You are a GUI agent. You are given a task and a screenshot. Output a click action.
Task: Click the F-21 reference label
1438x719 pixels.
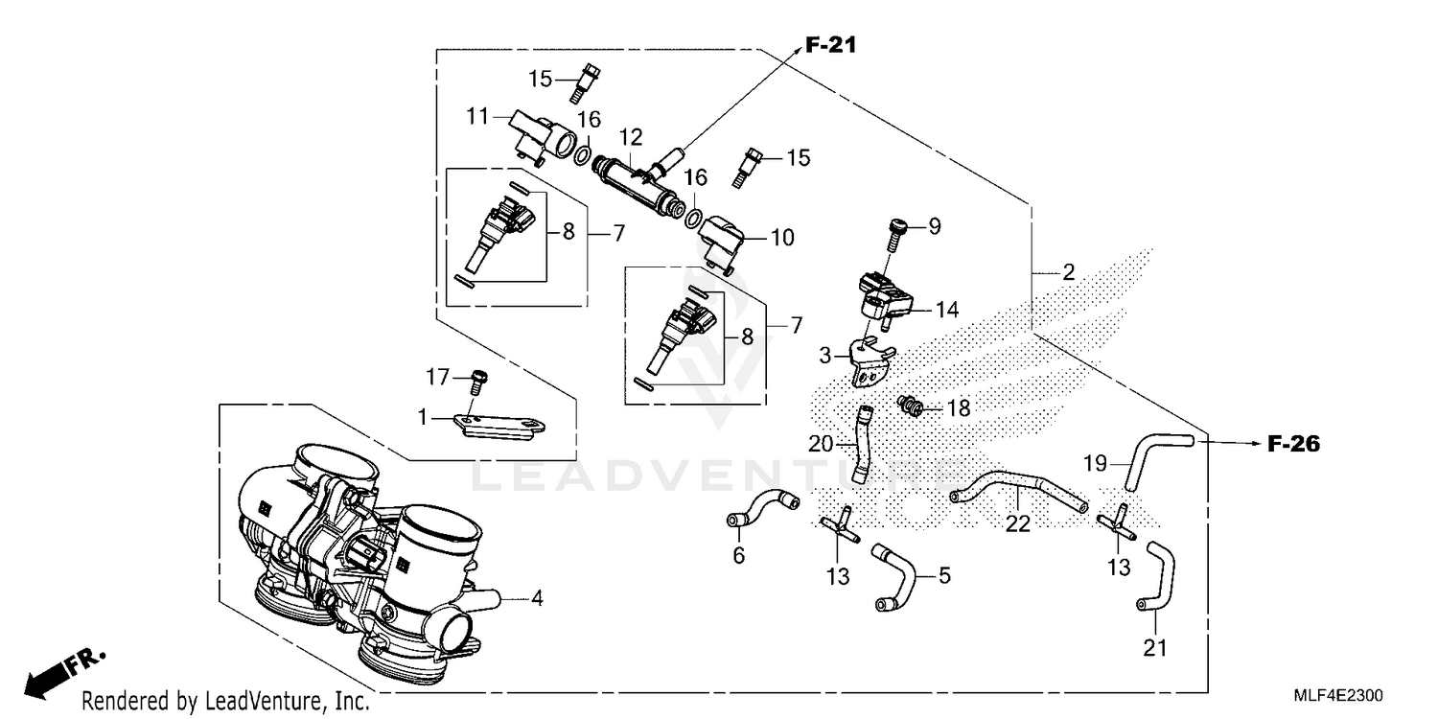[829, 44]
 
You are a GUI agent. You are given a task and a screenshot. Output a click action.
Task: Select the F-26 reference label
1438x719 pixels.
[1293, 444]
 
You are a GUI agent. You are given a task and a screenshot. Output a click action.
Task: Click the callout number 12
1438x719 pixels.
[630, 139]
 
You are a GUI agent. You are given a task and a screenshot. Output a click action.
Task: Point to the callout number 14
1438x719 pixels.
[947, 310]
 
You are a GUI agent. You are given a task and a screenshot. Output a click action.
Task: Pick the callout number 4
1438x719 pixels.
[538, 600]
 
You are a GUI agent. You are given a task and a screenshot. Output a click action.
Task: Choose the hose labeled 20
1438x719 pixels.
[861, 445]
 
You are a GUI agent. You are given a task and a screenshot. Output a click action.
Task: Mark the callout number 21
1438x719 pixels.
[1155, 649]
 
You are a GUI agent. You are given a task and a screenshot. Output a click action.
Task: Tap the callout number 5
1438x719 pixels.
[943, 576]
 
